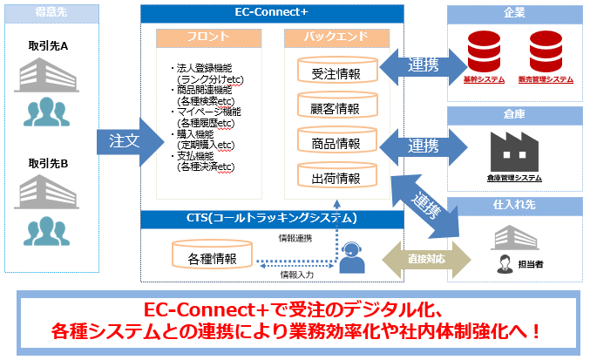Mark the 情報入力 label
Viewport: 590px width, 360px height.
click(x=296, y=275)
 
